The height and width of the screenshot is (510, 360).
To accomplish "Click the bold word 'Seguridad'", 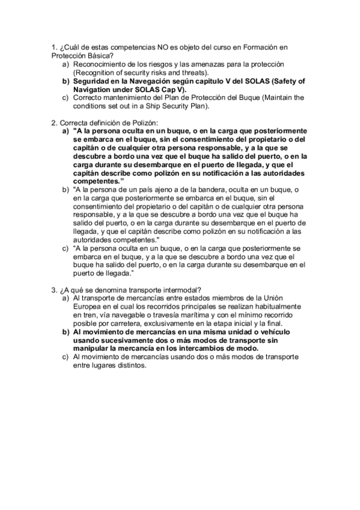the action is tap(98, 81).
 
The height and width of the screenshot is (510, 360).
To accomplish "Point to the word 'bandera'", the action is tap(233, 190).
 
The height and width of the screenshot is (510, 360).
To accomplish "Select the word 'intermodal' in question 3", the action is tap(182, 289).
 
